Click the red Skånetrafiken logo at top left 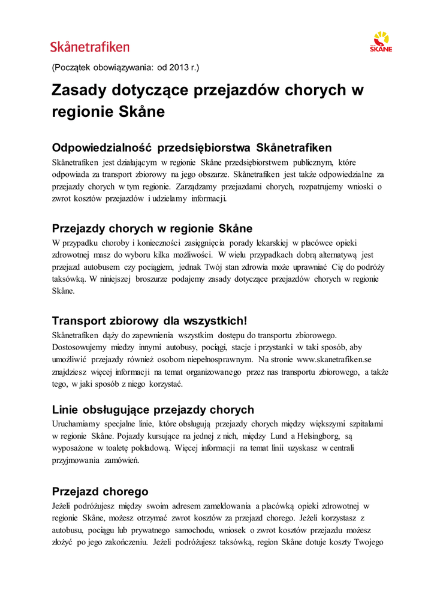89,47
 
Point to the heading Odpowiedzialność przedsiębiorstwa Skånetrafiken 192,148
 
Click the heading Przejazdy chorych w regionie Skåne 152,228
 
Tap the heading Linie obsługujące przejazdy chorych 153,410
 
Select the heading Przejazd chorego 100,492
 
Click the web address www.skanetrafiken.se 334,359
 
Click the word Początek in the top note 73,67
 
